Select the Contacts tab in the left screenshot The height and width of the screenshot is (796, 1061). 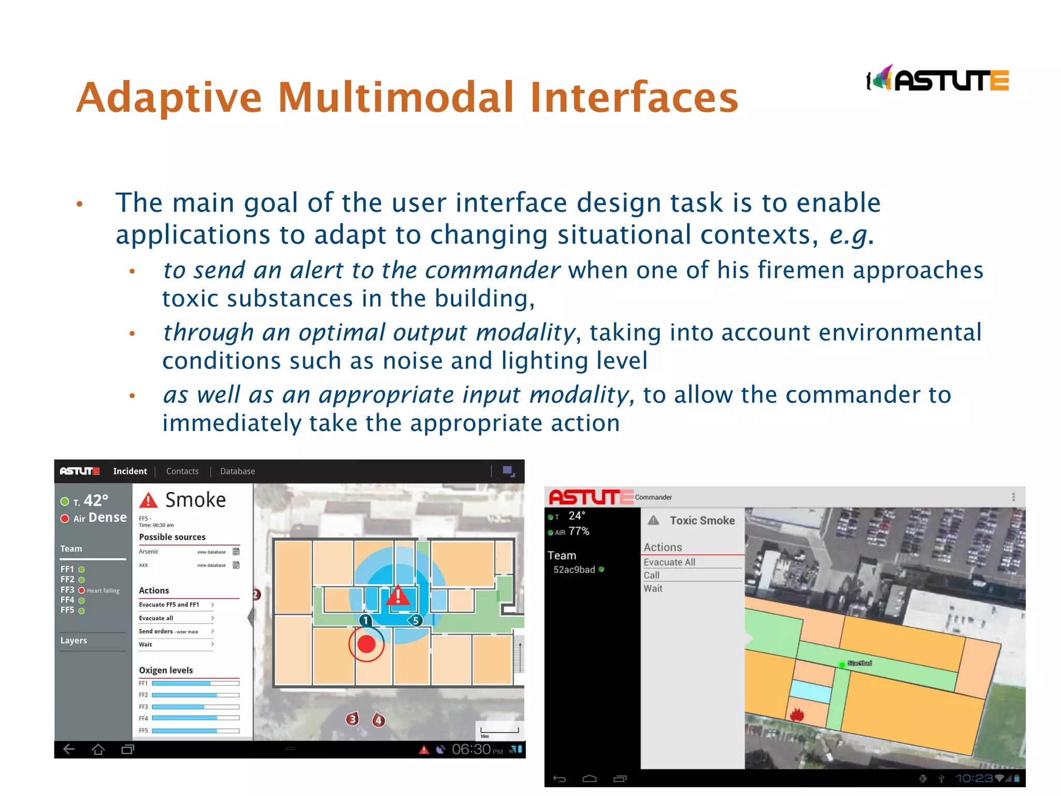182,471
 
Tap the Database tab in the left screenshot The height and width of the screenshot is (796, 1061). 237,471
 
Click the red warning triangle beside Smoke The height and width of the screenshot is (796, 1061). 149,500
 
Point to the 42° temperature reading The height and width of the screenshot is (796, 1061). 96,501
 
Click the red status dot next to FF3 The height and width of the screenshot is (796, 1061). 81,590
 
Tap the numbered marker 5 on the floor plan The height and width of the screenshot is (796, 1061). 415,620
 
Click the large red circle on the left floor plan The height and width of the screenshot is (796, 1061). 366,644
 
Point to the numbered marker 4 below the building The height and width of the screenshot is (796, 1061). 379,720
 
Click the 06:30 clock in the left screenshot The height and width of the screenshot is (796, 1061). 471,749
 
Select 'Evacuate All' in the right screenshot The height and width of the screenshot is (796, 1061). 669,562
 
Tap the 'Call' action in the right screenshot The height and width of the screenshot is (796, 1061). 652,575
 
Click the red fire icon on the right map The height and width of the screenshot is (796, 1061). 797,715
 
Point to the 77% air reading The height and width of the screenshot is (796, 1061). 579,531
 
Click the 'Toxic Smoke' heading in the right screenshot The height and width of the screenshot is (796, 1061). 702,520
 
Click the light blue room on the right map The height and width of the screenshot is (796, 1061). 810,691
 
